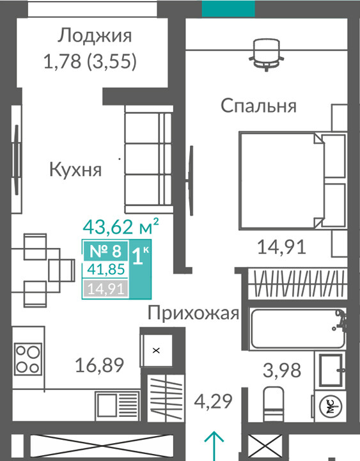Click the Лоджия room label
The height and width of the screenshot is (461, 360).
(94, 36)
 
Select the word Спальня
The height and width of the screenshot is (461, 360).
(258, 105)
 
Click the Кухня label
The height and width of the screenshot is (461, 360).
(75, 169)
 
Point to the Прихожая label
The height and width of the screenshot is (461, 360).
(193, 313)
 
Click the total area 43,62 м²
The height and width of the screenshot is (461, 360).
(121, 226)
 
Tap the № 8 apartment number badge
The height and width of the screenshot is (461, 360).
(106, 251)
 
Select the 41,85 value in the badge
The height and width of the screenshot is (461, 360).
(106, 269)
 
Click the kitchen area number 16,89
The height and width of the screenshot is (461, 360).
(100, 365)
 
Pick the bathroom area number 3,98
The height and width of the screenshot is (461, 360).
(282, 370)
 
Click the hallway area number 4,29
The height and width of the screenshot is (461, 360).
(213, 402)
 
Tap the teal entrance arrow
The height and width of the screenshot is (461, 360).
(214, 446)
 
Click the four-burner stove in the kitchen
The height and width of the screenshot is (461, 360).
(28, 359)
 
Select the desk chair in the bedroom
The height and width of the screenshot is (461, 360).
(267, 55)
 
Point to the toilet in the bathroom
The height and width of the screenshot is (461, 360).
(274, 403)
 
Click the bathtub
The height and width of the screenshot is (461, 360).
(297, 328)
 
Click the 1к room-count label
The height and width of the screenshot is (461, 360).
(140, 256)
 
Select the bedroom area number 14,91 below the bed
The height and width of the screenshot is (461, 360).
(281, 247)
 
